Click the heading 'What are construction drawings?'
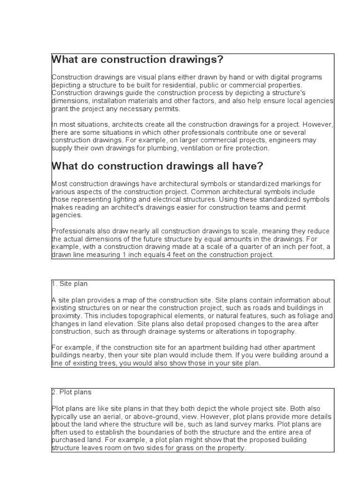click(137, 60)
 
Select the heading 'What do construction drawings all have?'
click(157, 166)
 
